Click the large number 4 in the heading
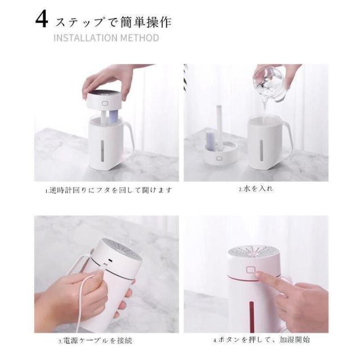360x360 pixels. pyautogui.click(x=42, y=20)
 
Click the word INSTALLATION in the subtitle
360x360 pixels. pyautogui.click(x=85, y=38)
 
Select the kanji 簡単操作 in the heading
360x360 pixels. pyautogui.click(x=142, y=22)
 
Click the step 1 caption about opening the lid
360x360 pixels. pyautogui.click(x=109, y=190)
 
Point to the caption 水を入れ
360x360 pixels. pyautogui.click(x=256, y=189)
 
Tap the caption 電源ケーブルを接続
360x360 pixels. pyautogui.click(x=96, y=340)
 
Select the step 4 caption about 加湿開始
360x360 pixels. pyautogui.click(x=261, y=340)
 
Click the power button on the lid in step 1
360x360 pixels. pyautogui.click(x=105, y=103)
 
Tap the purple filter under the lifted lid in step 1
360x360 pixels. pyautogui.click(x=114, y=116)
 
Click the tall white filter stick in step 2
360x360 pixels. pyautogui.click(x=219, y=126)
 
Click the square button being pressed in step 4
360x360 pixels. pyautogui.click(x=251, y=269)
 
